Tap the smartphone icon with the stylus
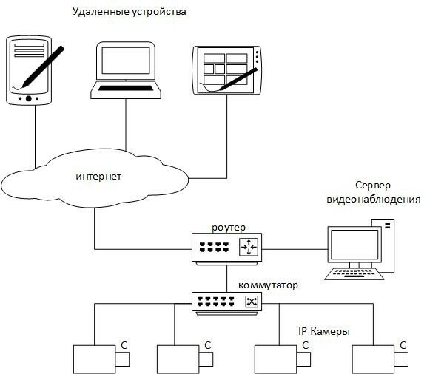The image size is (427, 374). pyautogui.click(x=30, y=70)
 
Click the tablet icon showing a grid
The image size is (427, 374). pyautogui.click(x=226, y=71)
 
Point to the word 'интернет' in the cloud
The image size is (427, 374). pyautogui.click(x=98, y=177)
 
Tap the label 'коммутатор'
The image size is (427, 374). pyautogui.click(x=267, y=285)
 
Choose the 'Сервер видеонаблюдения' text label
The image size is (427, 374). pyautogui.click(x=374, y=193)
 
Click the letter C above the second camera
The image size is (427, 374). pyautogui.click(x=208, y=345)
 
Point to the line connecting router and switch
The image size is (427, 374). pyautogui.click(x=228, y=277)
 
